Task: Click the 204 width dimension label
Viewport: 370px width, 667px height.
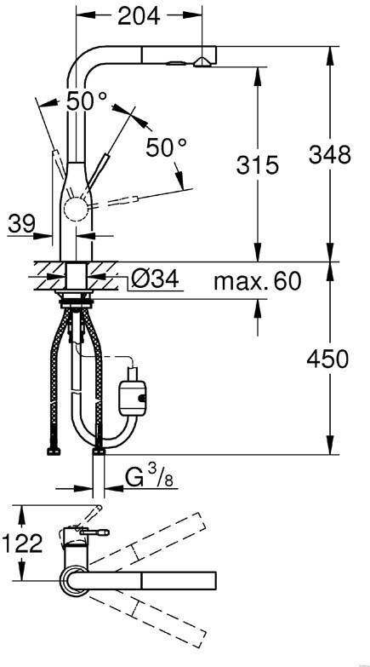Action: [x=139, y=15]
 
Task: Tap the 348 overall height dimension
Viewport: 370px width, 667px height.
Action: [x=330, y=154]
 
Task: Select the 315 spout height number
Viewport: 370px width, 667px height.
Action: [x=258, y=164]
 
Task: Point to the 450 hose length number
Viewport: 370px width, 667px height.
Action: [x=327, y=359]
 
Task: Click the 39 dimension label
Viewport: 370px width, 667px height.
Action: [x=21, y=223]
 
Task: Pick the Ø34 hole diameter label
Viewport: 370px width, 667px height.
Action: [x=154, y=279]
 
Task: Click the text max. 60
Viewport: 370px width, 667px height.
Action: [x=258, y=281]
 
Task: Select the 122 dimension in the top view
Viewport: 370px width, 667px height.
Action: [x=22, y=543]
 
